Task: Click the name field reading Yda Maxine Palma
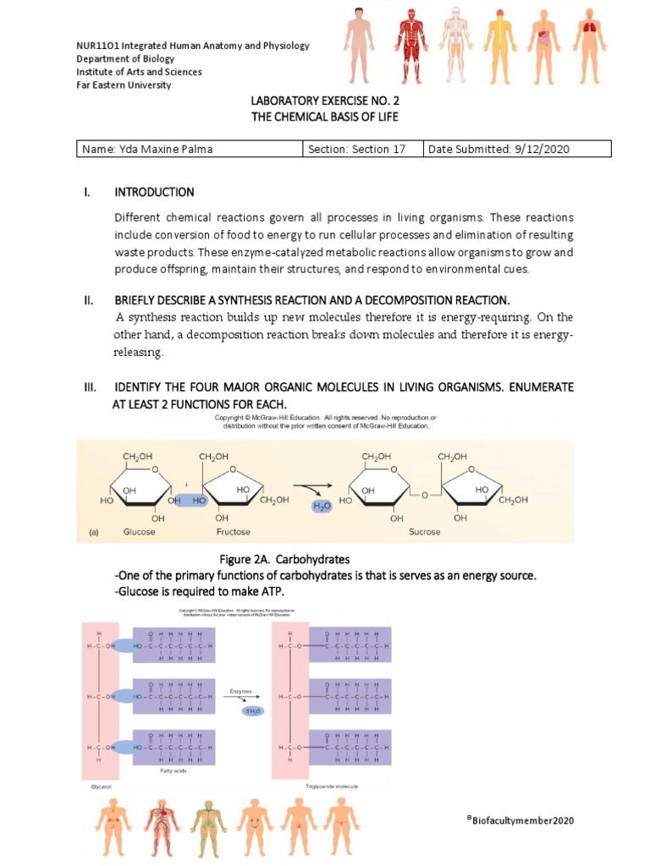(x=147, y=150)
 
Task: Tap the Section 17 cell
(x=356, y=150)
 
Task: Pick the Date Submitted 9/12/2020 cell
(x=499, y=150)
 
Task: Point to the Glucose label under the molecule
(x=139, y=532)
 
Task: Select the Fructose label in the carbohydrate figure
(x=233, y=532)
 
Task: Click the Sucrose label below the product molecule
(x=409, y=532)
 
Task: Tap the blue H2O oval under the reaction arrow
(x=322, y=506)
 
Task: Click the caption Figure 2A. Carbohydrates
(x=284, y=560)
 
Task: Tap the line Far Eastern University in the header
(x=124, y=85)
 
